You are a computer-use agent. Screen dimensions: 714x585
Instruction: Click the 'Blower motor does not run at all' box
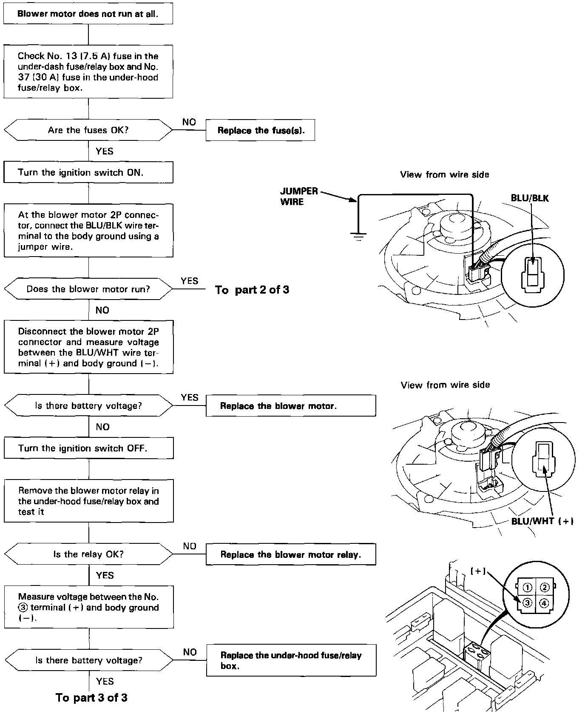88,14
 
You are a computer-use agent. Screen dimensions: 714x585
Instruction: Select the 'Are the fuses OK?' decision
88,130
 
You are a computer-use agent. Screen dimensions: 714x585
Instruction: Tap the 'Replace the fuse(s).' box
260,131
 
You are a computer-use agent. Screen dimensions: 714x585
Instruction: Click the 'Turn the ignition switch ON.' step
88,172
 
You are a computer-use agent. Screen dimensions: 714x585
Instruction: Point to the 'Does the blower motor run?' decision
88,289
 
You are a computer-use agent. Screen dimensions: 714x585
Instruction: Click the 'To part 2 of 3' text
252,290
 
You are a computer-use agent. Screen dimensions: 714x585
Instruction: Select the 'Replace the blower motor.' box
291,406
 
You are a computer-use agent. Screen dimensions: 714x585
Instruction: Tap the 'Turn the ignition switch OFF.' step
88,448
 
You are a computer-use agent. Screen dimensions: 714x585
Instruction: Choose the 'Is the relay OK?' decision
88,554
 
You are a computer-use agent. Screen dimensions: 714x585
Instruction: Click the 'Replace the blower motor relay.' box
291,554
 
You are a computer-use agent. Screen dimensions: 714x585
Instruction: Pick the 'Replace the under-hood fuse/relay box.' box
291,660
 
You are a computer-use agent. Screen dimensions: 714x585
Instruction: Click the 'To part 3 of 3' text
91,698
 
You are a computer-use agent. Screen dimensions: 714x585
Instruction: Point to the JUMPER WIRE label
299,197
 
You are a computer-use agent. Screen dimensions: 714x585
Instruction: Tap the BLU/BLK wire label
530,198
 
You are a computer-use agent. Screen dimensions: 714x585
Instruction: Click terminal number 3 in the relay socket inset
527,603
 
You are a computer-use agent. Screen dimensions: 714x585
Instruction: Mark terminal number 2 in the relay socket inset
544,588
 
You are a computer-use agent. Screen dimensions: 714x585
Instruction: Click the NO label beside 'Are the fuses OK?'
189,122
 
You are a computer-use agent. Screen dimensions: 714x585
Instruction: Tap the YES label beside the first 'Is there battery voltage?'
190,397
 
